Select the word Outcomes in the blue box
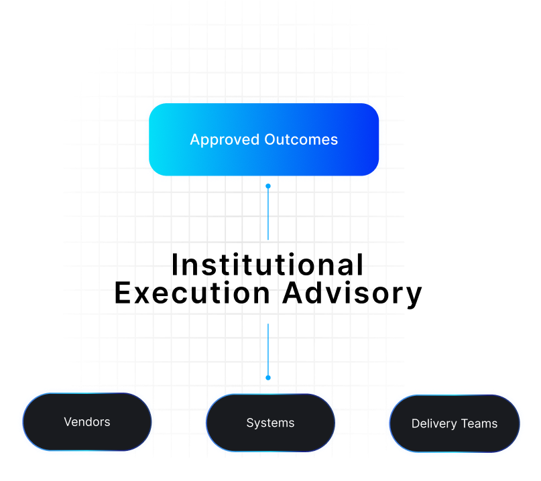301,140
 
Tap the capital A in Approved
195,140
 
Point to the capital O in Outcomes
271,139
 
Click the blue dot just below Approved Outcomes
268,186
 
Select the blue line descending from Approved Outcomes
268,214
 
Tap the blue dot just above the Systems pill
268,377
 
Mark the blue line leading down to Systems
268,348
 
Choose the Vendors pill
87,422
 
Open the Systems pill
270,423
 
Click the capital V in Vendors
68,422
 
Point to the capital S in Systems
250,423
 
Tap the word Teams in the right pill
478,423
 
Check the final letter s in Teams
495,424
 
